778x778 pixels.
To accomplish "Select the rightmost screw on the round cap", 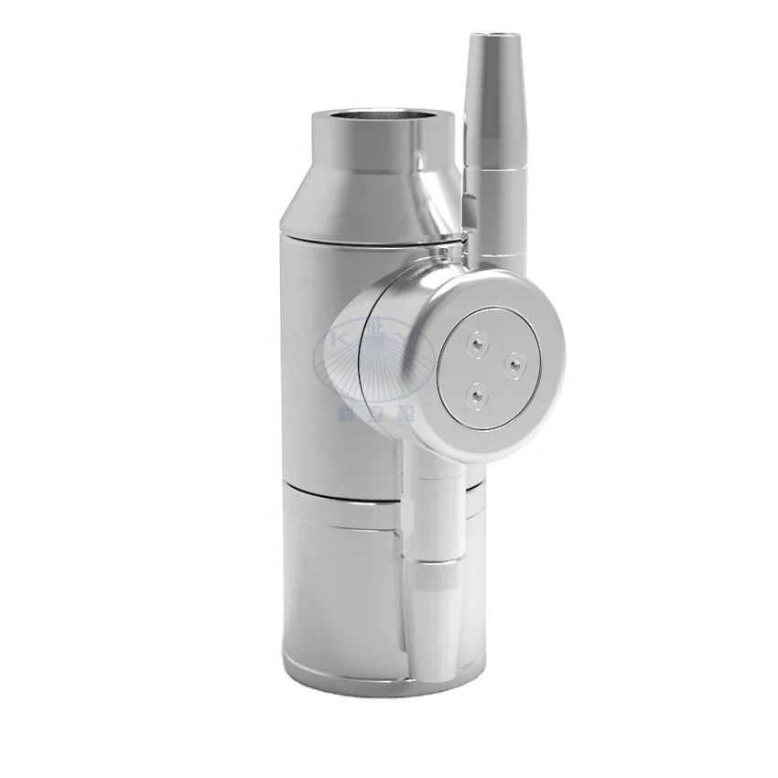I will pyautogui.click(x=514, y=363).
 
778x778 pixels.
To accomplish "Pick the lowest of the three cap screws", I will pyautogui.click(x=474, y=395).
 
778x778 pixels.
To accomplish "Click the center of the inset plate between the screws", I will pyautogui.click(x=489, y=367).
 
